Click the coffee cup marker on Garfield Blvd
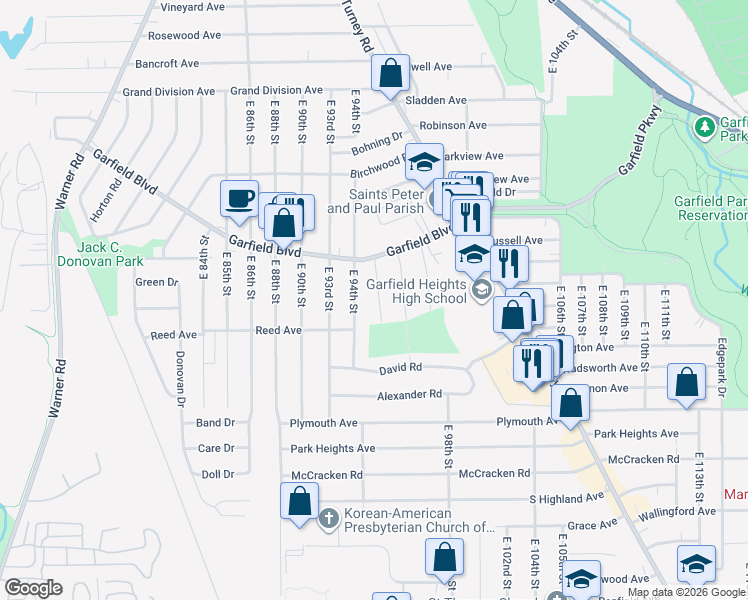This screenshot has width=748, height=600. pos(239,198)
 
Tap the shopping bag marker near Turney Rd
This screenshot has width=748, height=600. pos(390,73)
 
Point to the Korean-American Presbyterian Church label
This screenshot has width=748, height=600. pos(419,520)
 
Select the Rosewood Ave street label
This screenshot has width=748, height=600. pos(184,35)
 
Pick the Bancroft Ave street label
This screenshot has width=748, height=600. pos(167,64)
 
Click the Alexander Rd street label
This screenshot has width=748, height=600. pos(409,395)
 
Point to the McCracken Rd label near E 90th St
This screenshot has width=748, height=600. pos(326,475)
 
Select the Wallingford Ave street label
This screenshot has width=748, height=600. pos(679,511)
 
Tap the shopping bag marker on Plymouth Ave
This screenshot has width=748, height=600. pos(570,404)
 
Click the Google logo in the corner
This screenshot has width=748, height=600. pos(32,588)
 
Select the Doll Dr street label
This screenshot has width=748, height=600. pos(216,474)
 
